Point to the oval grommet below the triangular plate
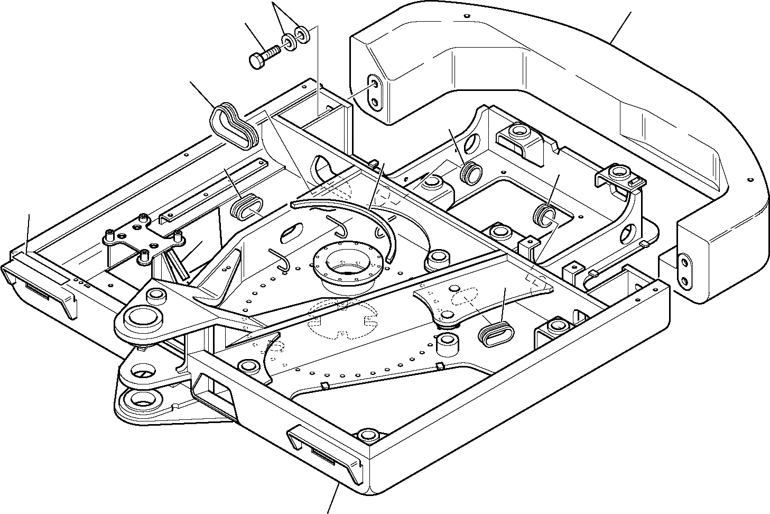494,334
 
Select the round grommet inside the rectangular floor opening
544,215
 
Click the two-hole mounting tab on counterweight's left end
374,92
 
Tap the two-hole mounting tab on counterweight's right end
685,270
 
